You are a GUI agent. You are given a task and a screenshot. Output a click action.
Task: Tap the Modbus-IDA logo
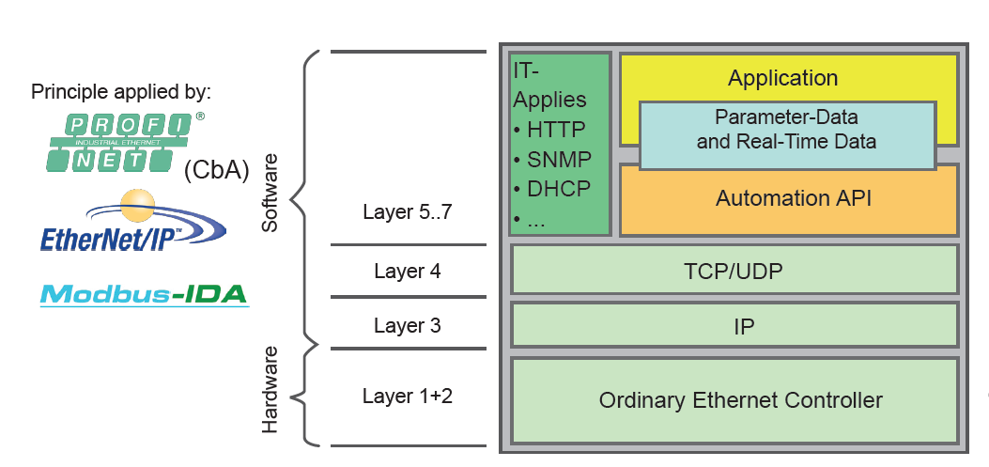[x=144, y=294]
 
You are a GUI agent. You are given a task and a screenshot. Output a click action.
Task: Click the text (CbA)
[x=216, y=169]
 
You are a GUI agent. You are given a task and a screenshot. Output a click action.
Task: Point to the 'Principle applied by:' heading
[x=121, y=92]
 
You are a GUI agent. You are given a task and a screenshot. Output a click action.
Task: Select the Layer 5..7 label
[x=408, y=212]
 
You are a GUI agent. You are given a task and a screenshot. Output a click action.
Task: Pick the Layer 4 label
[x=407, y=272]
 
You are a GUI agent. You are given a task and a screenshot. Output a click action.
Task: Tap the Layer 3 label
[x=407, y=326]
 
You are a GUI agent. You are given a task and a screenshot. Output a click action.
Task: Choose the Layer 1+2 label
[x=408, y=396]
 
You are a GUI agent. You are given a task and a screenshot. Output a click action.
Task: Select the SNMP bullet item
[x=551, y=159]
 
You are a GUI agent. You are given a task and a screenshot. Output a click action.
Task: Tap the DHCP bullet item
[x=551, y=188]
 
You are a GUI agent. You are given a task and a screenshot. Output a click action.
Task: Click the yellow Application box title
[x=782, y=78]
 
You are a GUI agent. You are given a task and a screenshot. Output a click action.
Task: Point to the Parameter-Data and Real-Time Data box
[x=786, y=131]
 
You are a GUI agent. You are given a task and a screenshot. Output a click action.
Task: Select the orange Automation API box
[x=786, y=198]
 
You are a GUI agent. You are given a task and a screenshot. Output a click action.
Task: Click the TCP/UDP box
[x=734, y=271]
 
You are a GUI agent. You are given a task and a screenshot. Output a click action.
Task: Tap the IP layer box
[x=734, y=326]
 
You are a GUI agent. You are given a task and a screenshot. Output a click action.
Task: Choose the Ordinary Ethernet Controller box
[x=740, y=400]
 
